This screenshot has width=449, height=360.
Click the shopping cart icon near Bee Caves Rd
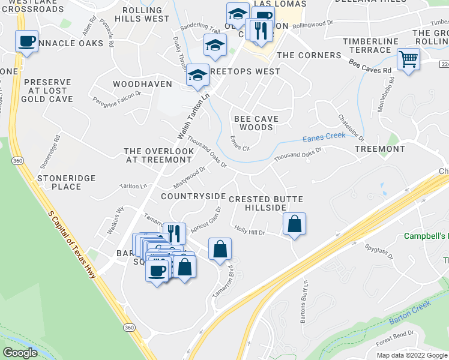(x=408, y=59)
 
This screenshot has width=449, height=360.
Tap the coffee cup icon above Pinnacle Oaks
(x=26, y=41)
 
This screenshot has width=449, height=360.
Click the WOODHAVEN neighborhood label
(x=142, y=84)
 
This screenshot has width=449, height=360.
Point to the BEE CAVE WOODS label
(x=256, y=123)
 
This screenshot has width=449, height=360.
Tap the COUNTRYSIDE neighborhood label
(x=193, y=196)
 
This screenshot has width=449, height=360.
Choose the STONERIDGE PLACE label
(x=59, y=182)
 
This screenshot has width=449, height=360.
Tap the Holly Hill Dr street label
(x=250, y=229)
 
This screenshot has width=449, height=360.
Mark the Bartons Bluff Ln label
(x=305, y=294)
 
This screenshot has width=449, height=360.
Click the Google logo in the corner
(x=20, y=353)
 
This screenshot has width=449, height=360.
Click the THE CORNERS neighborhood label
(x=309, y=55)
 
